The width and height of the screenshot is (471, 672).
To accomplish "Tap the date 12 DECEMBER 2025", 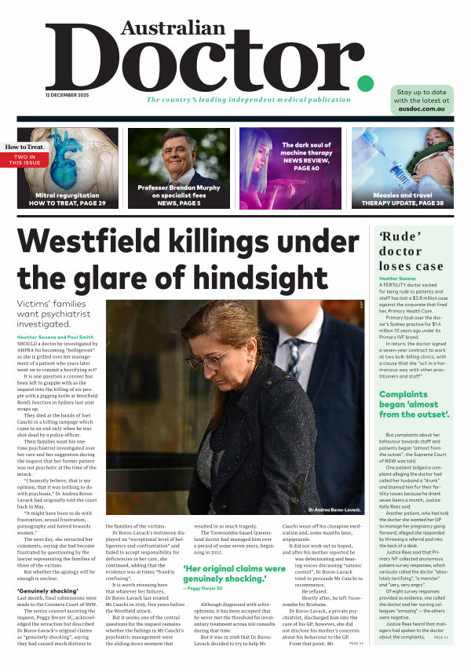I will point(67,95).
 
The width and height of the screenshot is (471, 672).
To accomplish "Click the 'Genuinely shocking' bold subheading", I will point(44,590).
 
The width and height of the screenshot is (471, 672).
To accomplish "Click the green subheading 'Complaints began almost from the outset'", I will point(414,404).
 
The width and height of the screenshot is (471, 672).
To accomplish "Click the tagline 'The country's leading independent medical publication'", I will point(248,100).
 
